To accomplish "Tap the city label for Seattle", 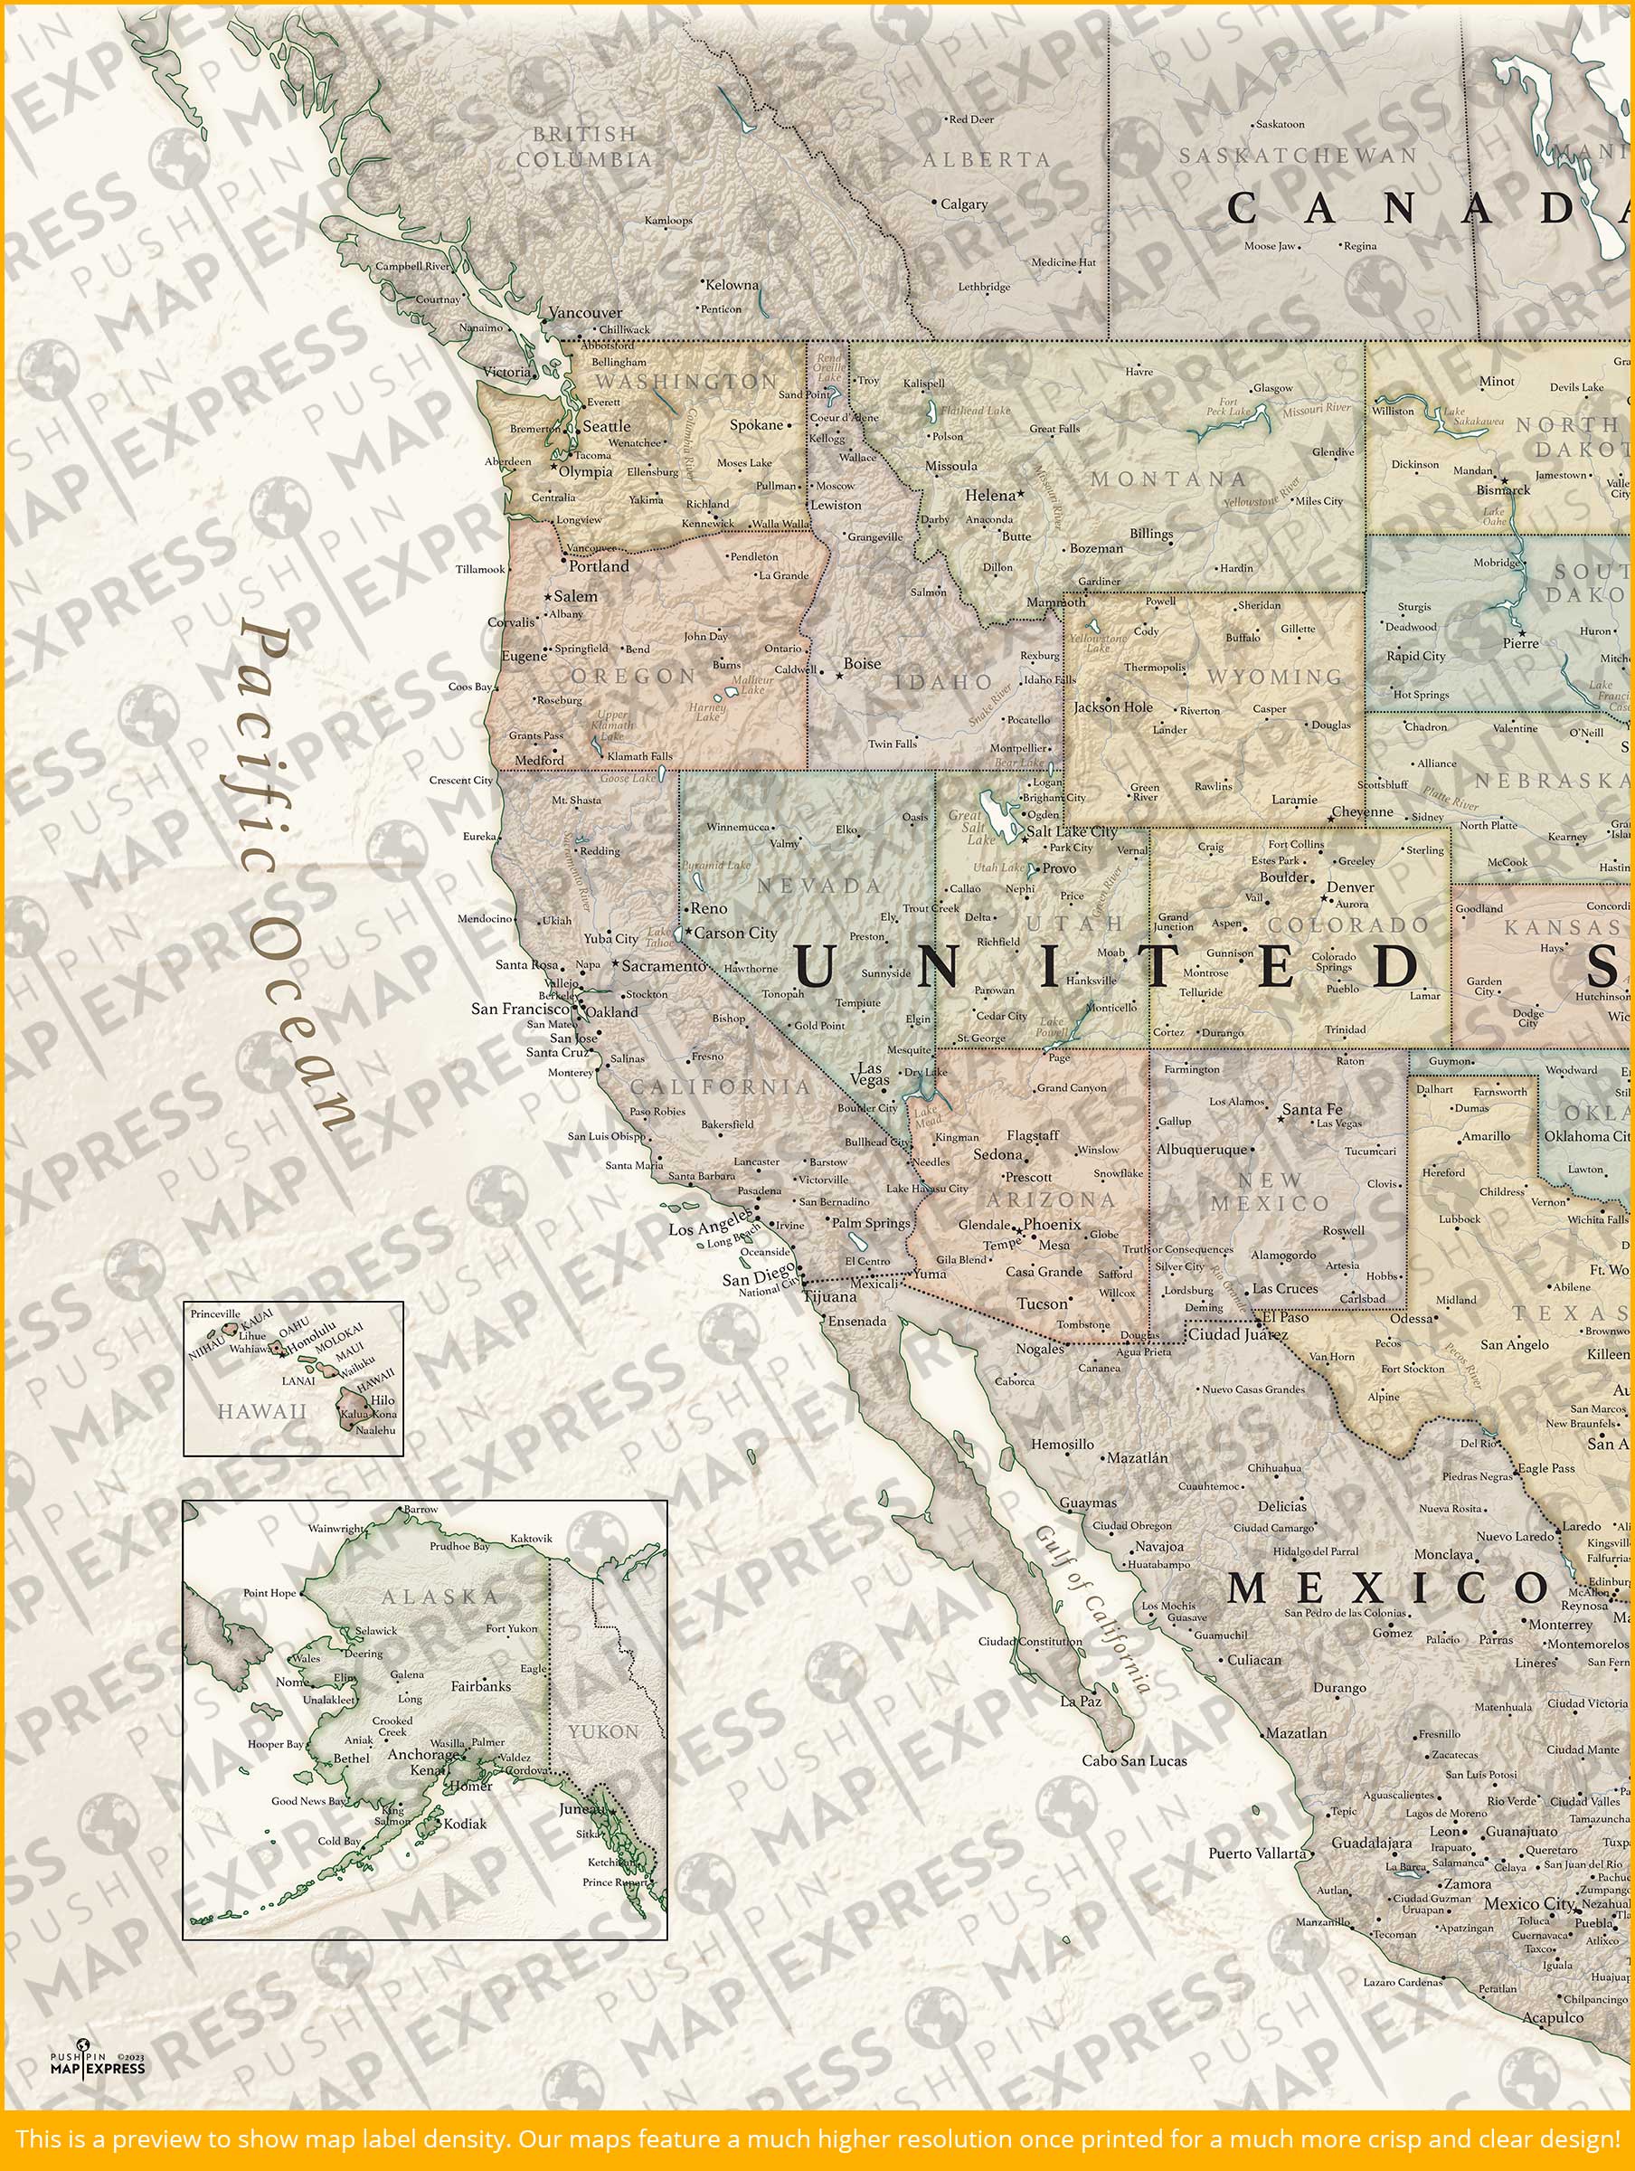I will pos(607,426).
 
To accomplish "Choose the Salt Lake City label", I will pos(1072,831).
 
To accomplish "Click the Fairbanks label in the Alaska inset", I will pos(481,1686).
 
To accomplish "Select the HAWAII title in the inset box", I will pos(262,1411).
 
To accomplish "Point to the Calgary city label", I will pos(964,204).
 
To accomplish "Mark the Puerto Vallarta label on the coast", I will pos(1257,1853).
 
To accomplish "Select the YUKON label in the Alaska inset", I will pos(602,1732).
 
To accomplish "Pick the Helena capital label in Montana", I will pos(989,496).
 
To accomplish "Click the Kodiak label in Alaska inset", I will pos(465,1824).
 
